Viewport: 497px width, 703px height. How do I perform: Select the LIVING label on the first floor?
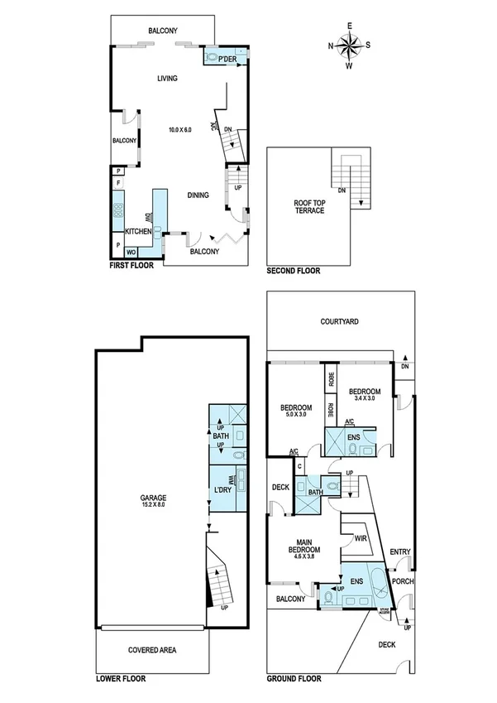pyautogui.click(x=169, y=79)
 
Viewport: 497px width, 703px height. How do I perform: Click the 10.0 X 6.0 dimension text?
pyautogui.click(x=179, y=130)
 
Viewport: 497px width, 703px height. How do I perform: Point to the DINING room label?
pyautogui.click(x=197, y=195)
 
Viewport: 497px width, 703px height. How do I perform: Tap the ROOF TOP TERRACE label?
pyautogui.click(x=308, y=206)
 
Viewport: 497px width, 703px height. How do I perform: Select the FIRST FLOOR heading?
pyautogui.click(x=131, y=269)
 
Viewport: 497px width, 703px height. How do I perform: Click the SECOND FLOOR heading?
pyautogui.click(x=293, y=271)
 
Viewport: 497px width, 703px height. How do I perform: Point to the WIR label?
pyautogui.click(x=361, y=538)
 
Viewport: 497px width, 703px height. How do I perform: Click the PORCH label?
pyautogui.click(x=404, y=580)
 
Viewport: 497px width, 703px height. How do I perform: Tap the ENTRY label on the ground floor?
pyautogui.click(x=399, y=551)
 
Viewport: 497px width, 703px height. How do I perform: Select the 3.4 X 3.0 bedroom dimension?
pyautogui.click(x=364, y=399)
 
